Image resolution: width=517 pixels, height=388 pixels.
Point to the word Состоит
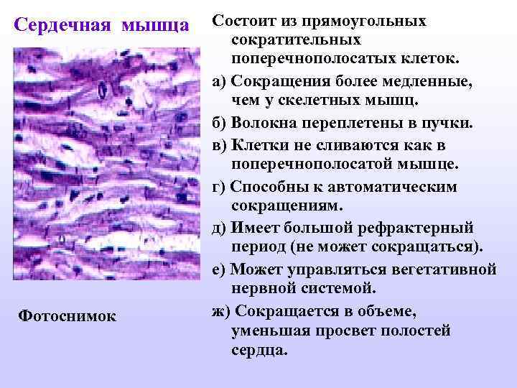[247, 20]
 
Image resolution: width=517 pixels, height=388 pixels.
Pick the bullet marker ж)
[222, 311]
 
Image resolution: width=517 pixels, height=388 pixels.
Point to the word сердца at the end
[258, 352]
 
